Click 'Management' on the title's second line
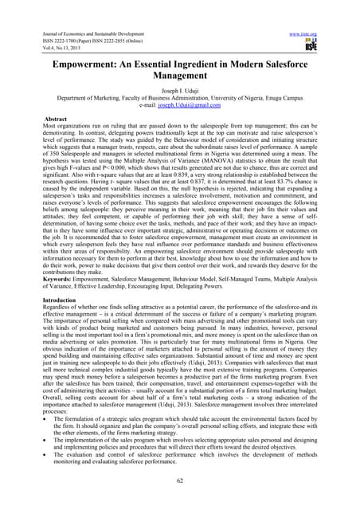pos(179,64)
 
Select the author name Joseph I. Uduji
pos(179,78)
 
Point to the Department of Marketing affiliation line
pos(179,86)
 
